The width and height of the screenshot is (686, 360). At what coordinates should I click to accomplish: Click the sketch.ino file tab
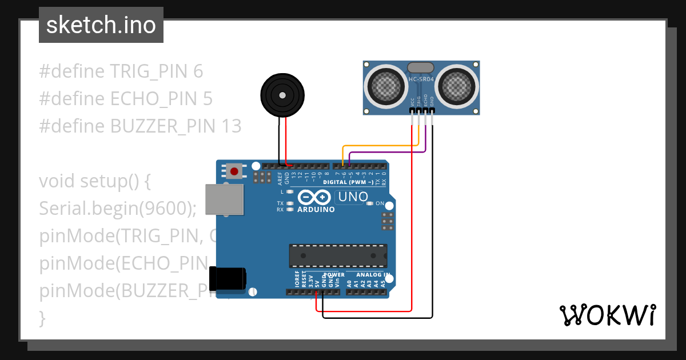tap(101, 25)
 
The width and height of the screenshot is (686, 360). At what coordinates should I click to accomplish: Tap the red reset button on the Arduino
tap(233, 170)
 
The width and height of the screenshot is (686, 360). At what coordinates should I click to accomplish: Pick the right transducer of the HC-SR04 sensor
tap(456, 86)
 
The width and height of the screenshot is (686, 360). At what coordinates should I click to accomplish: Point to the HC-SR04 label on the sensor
tap(421, 79)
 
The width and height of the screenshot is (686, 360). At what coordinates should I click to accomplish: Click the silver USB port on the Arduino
tap(224, 199)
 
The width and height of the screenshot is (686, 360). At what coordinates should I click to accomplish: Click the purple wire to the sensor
tap(389, 153)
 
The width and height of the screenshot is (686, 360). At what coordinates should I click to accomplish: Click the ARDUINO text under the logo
tap(316, 209)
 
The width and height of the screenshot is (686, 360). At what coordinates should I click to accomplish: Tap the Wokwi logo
tap(607, 315)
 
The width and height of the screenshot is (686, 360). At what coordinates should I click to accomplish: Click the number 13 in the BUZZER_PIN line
tap(231, 126)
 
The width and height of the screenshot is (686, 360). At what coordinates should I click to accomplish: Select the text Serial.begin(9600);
tap(118, 209)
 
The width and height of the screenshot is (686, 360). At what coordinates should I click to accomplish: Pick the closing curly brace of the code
tap(42, 318)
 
